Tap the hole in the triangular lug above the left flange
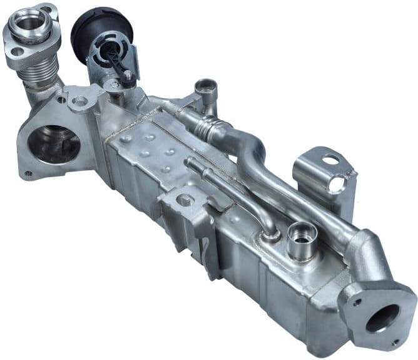[x=80, y=100]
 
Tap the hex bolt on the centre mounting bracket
[x=185, y=200]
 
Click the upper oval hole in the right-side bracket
[x=330, y=160]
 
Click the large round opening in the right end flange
[x=382, y=318]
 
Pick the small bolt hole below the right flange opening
[x=394, y=342]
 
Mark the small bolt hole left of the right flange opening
[x=357, y=302]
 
